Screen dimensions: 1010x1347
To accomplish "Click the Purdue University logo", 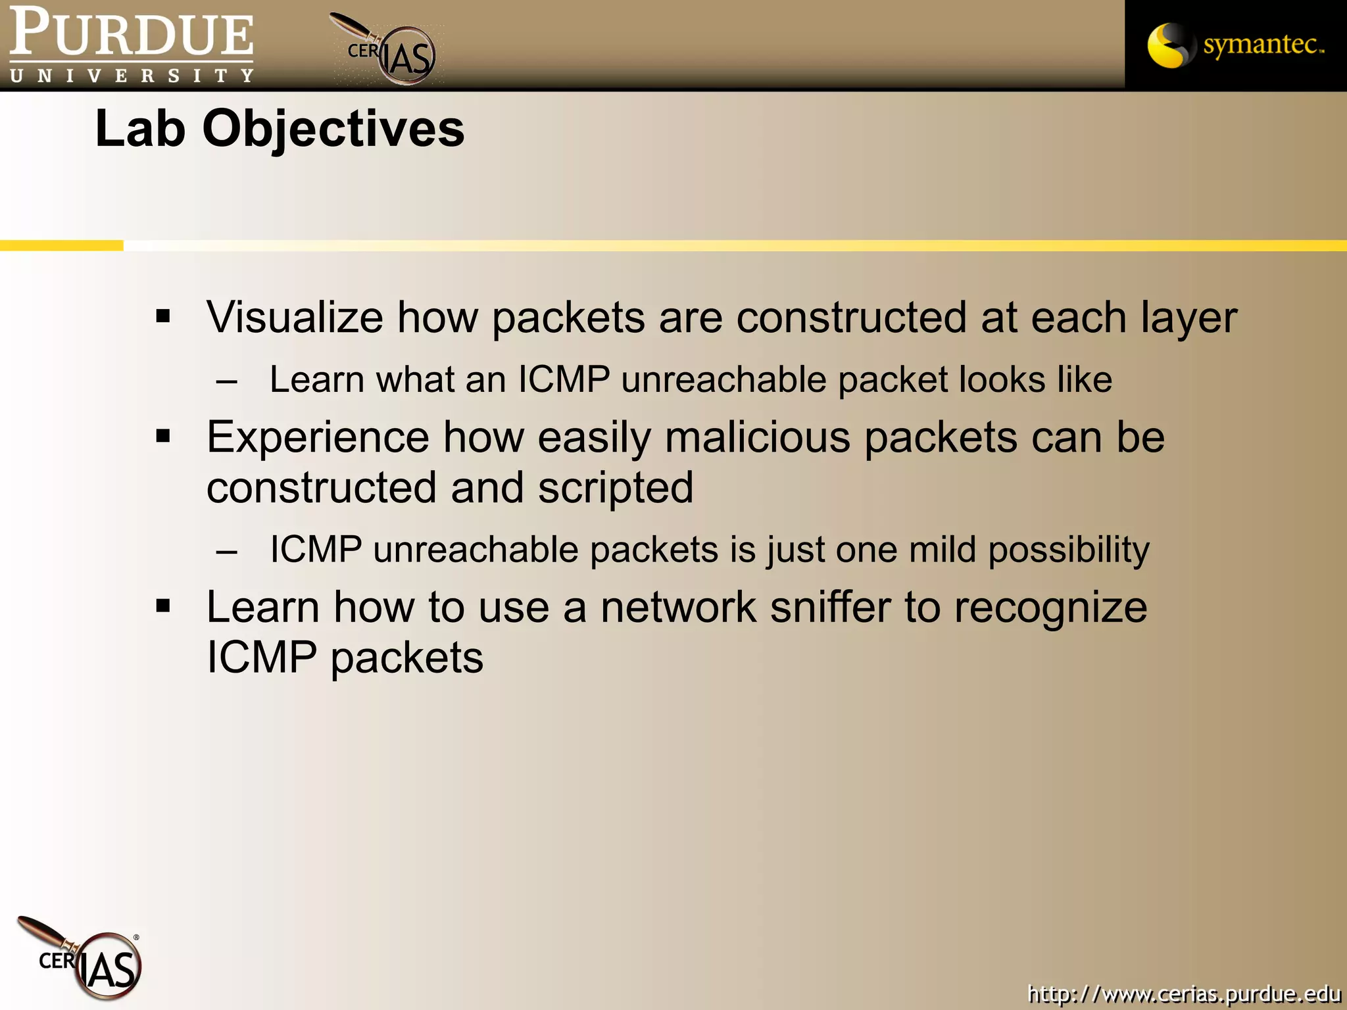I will pyautogui.click(x=132, y=45).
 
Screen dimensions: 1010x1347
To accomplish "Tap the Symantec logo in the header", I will pyautogui.click(x=1235, y=45).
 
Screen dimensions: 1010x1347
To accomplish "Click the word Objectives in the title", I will pyautogui.click(x=333, y=128).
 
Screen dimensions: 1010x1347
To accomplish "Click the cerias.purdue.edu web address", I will pyautogui.click(x=1183, y=993).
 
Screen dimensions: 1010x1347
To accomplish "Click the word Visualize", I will pyautogui.click(x=295, y=317).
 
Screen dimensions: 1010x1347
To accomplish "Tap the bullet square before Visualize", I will pyautogui.click(x=163, y=317).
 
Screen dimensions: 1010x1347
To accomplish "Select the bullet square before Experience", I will pyautogui.click(x=163, y=436).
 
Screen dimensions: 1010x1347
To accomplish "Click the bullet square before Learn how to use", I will pyautogui.click(x=163, y=606).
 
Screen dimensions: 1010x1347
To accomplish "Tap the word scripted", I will pyautogui.click(x=615, y=488).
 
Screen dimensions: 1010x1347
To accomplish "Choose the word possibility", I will pyautogui.click(x=1069, y=550).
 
